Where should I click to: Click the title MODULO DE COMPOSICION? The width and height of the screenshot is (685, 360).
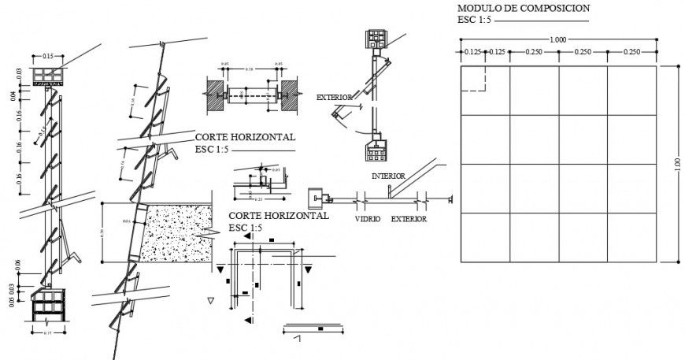[523, 8]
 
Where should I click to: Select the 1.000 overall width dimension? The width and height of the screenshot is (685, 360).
[557, 39]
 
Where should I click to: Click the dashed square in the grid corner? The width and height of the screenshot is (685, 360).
[473, 80]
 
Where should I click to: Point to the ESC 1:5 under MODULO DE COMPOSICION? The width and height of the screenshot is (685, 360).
[475, 20]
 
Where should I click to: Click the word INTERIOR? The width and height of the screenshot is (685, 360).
[388, 176]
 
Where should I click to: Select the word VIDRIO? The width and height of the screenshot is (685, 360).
[367, 219]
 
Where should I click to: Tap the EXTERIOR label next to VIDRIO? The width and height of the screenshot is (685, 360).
[409, 219]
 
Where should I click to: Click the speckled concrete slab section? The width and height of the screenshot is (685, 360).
[176, 232]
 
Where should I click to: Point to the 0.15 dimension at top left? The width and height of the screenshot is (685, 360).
[48, 56]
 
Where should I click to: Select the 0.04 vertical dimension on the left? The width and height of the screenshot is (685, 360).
[13, 96]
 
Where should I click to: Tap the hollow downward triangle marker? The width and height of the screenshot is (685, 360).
[209, 300]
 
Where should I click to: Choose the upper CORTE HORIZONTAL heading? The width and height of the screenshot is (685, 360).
[245, 135]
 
